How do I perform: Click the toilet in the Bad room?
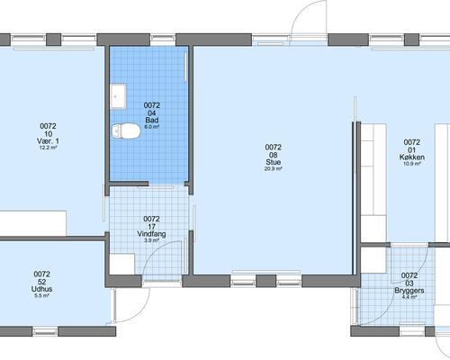pos(126,131)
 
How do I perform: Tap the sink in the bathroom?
pos(118,96)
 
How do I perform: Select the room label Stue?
pos(274,162)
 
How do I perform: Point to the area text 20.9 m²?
pos(273,169)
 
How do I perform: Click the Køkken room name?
pos(412,157)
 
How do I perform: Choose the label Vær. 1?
pos(48,141)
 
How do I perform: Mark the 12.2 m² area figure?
pos(48,148)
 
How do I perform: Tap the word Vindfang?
pos(151,234)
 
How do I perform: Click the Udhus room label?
pos(41,289)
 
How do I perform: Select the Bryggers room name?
pos(409,291)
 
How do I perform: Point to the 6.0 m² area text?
pos(152,127)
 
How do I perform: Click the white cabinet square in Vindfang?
pos(122,264)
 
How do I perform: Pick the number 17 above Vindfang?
pos(151,227)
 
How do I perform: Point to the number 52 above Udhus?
pos(41,282)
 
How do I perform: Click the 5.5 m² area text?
pos(41,296)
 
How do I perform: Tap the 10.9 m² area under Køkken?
pos(412,164)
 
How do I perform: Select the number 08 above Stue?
pos(274,155)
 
